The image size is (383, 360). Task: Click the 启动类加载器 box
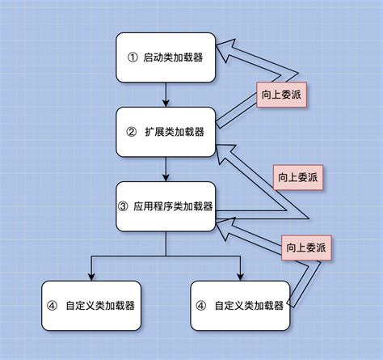click(x=166, y=57)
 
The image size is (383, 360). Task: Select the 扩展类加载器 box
click(x=166, y=131)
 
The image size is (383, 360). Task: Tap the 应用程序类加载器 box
click(x=166, y=205)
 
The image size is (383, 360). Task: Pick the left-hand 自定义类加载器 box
click(x=90, y=306)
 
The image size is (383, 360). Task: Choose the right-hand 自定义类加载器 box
click(x=240, y=306)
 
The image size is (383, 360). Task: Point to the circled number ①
click(x=134, y=57)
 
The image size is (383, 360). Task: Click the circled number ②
click(x=132, y=131)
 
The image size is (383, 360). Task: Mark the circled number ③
click(x=124, y=205)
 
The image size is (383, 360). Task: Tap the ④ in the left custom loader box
click(x=53, y=306)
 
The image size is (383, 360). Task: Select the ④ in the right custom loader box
click(x=202, y=306)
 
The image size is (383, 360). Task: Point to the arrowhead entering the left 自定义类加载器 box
click(x=90, y=275)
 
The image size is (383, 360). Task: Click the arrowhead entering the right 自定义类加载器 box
click(x=240, y=275)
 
